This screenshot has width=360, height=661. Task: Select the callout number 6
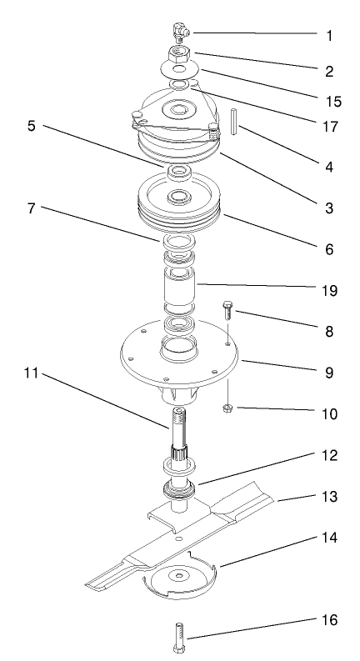(x=329, y=249)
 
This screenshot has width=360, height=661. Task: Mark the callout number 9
(x=329, y=373)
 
